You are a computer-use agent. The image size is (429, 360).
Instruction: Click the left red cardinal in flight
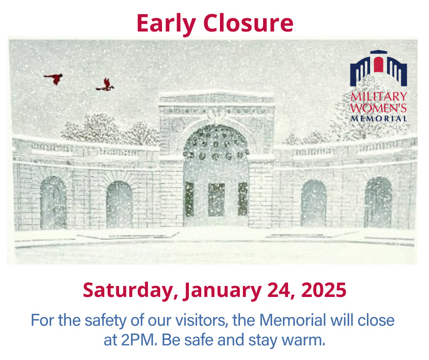point(54,79)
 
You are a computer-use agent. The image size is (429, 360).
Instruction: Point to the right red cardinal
point(106,85)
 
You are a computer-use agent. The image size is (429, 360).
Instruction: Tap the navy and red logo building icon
point(378,69)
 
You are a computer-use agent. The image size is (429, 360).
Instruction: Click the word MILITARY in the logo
point(378,96)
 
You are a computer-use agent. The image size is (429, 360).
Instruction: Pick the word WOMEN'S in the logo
point(378,108)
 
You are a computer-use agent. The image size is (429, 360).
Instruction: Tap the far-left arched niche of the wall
point(53,202)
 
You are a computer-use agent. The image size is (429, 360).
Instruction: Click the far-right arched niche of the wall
point(378,202)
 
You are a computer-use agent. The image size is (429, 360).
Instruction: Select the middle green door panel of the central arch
point(216,199)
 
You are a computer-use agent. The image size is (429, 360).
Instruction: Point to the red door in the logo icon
point(378,64)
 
